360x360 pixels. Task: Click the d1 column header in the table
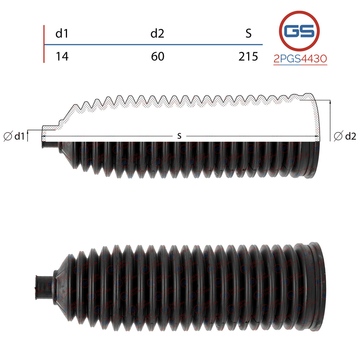[62, 33]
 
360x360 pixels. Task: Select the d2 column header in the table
[157, 33]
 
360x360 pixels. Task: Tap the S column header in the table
[248, 33]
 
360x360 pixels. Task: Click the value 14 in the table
[62, 57]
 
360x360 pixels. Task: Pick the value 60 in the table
[158, 57]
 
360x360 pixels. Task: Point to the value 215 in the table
[248, 57]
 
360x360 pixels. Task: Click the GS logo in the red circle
[299, 31]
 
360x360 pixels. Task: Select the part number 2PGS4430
[300, 59]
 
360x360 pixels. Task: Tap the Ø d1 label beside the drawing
[14, 136]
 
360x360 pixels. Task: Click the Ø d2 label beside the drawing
[345, 136]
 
